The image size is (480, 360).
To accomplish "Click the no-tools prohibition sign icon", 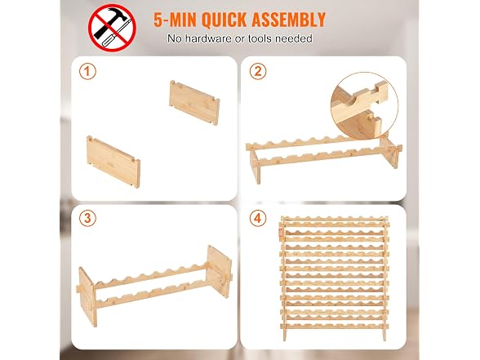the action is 112,28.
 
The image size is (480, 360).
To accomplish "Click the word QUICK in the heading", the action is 224,20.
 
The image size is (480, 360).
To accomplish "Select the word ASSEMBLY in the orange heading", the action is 288,20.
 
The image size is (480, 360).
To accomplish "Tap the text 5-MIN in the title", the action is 176,20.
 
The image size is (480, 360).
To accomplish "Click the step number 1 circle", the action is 87,71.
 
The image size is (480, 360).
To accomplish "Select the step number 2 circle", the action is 258,71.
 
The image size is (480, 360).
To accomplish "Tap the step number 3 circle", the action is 87,218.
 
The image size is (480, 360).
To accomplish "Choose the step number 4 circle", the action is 258,218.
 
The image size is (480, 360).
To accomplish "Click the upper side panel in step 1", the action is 194,103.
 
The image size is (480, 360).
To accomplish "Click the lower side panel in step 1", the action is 113,162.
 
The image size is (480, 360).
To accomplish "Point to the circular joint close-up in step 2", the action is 364,106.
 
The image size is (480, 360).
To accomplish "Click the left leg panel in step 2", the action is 255,167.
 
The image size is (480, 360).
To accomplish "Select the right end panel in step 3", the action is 219,271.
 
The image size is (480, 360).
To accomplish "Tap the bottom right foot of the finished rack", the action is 384,335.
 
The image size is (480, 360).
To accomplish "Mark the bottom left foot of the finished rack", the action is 285,335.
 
